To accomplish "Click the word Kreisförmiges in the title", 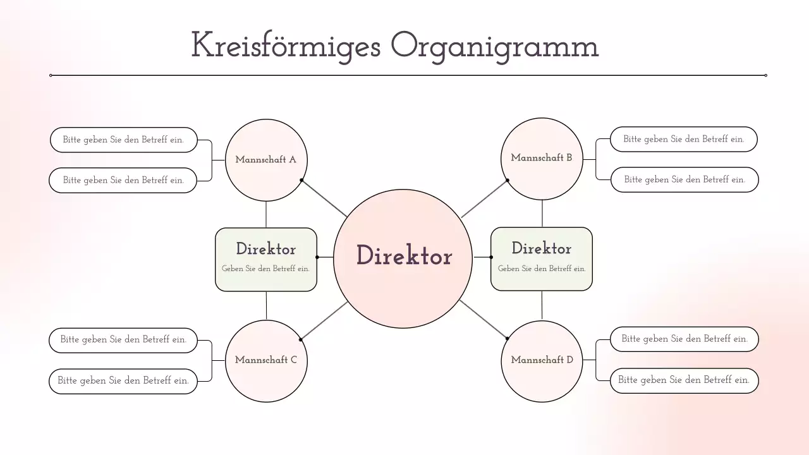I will coord(285,46).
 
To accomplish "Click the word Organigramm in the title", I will coord(494,46).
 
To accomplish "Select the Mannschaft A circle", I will coord(266,160).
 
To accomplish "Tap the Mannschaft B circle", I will coord(542,158).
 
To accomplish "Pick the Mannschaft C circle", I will coord(266,360).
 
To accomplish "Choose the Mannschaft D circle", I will coord(542,360).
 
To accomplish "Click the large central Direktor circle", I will coord(403,258).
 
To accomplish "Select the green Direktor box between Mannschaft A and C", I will coord(266,259).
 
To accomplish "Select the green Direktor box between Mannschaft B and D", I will coord(542,258).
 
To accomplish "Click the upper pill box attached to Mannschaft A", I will coord(124,140).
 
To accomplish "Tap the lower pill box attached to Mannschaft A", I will coord(123,180).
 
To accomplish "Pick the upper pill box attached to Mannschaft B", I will coord(684,139).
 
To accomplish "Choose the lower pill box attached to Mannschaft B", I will coord(684,179).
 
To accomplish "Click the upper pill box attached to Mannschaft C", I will coord(123,340).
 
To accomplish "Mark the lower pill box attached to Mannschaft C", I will coord(123,381).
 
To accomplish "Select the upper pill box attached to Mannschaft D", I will coord(684,339).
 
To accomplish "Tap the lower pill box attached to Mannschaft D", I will coord(684,380).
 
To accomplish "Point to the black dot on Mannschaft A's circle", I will coord(301,180).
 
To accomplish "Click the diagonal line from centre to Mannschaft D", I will coord(484,320).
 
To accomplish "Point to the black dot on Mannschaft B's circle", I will coord(508,180).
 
